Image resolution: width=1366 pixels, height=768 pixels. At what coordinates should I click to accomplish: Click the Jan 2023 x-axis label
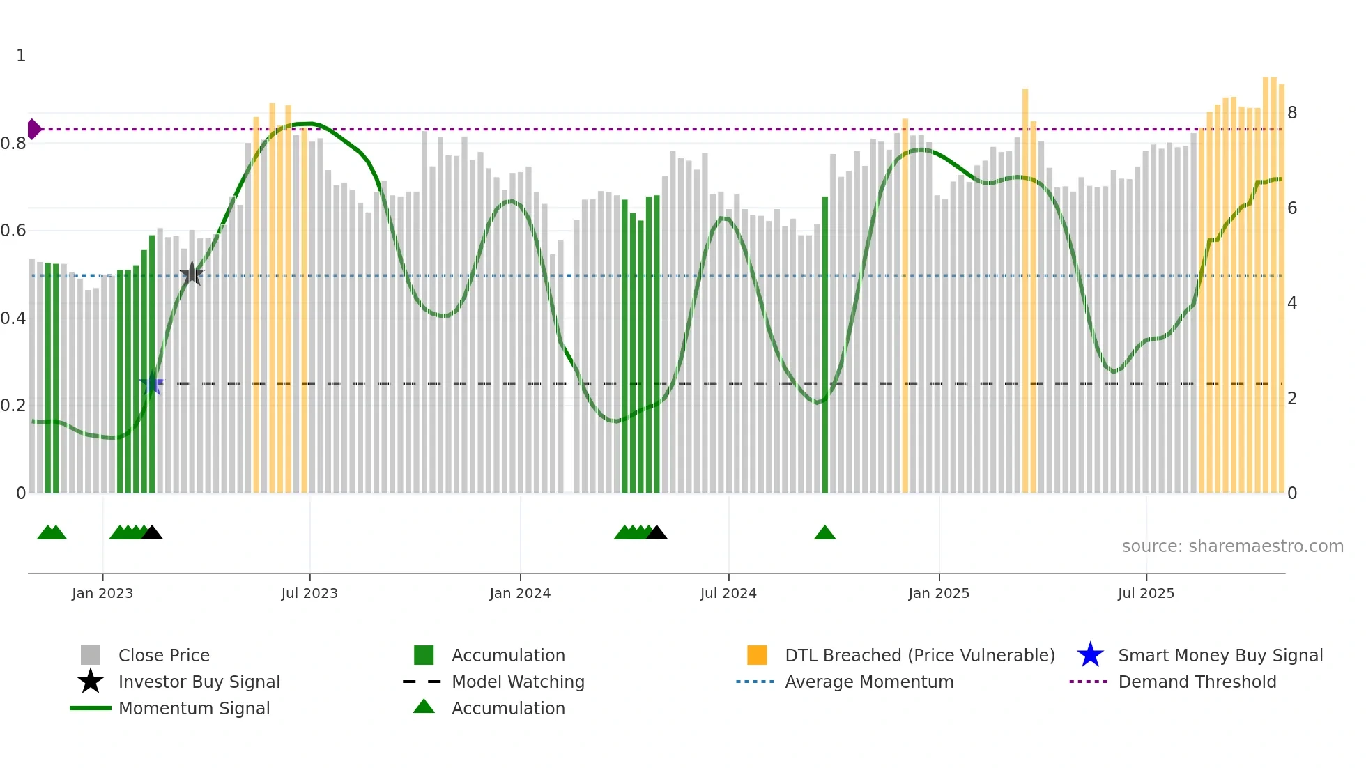(102, 593)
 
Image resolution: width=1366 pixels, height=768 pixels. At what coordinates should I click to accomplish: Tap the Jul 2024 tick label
(728, 593)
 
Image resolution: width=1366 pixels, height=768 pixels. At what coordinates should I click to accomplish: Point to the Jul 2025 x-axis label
(1146, 593)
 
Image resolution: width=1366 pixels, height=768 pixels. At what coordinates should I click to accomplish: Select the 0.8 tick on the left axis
(13, 144)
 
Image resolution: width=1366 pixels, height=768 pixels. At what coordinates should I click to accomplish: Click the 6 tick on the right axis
(1292, 208)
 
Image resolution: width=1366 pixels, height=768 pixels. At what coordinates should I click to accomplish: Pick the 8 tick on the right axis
(1292, 112)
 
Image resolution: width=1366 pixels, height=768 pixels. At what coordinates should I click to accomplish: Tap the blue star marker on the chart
(152, 384)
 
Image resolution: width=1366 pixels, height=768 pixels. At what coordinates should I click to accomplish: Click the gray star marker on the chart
(192, 273)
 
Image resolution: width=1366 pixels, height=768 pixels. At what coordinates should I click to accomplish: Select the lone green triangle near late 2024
(824, 533)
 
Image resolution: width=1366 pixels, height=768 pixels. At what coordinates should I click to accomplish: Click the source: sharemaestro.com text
(1232, 546)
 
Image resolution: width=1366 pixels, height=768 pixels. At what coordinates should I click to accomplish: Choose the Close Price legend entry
(164, 655)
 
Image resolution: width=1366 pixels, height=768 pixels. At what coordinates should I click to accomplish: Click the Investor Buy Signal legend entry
(199, 682)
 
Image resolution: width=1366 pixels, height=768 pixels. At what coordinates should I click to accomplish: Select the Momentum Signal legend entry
(194, 708)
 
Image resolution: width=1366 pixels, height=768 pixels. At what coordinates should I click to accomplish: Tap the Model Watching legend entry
(518, 682)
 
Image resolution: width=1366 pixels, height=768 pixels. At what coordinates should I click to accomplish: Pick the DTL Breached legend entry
(919, 655)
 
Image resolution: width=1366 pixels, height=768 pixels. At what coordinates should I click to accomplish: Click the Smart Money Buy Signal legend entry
(1220, 655)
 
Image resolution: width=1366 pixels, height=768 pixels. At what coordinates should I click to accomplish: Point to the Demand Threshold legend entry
(1197, 682)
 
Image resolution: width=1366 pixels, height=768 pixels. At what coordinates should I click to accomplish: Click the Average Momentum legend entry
(868, 682)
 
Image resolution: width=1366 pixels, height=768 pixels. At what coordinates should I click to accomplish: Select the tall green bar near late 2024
(825, 348)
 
